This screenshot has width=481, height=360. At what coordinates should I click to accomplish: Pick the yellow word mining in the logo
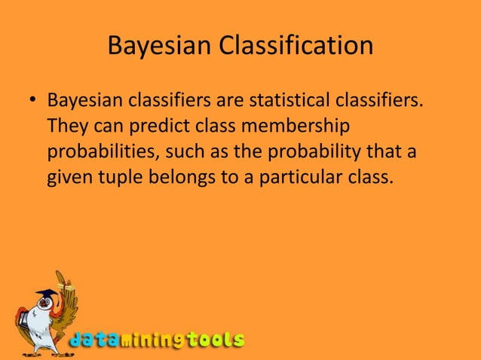(x=153, y=340)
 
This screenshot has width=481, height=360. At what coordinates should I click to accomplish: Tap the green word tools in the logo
(x=216, y=340)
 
